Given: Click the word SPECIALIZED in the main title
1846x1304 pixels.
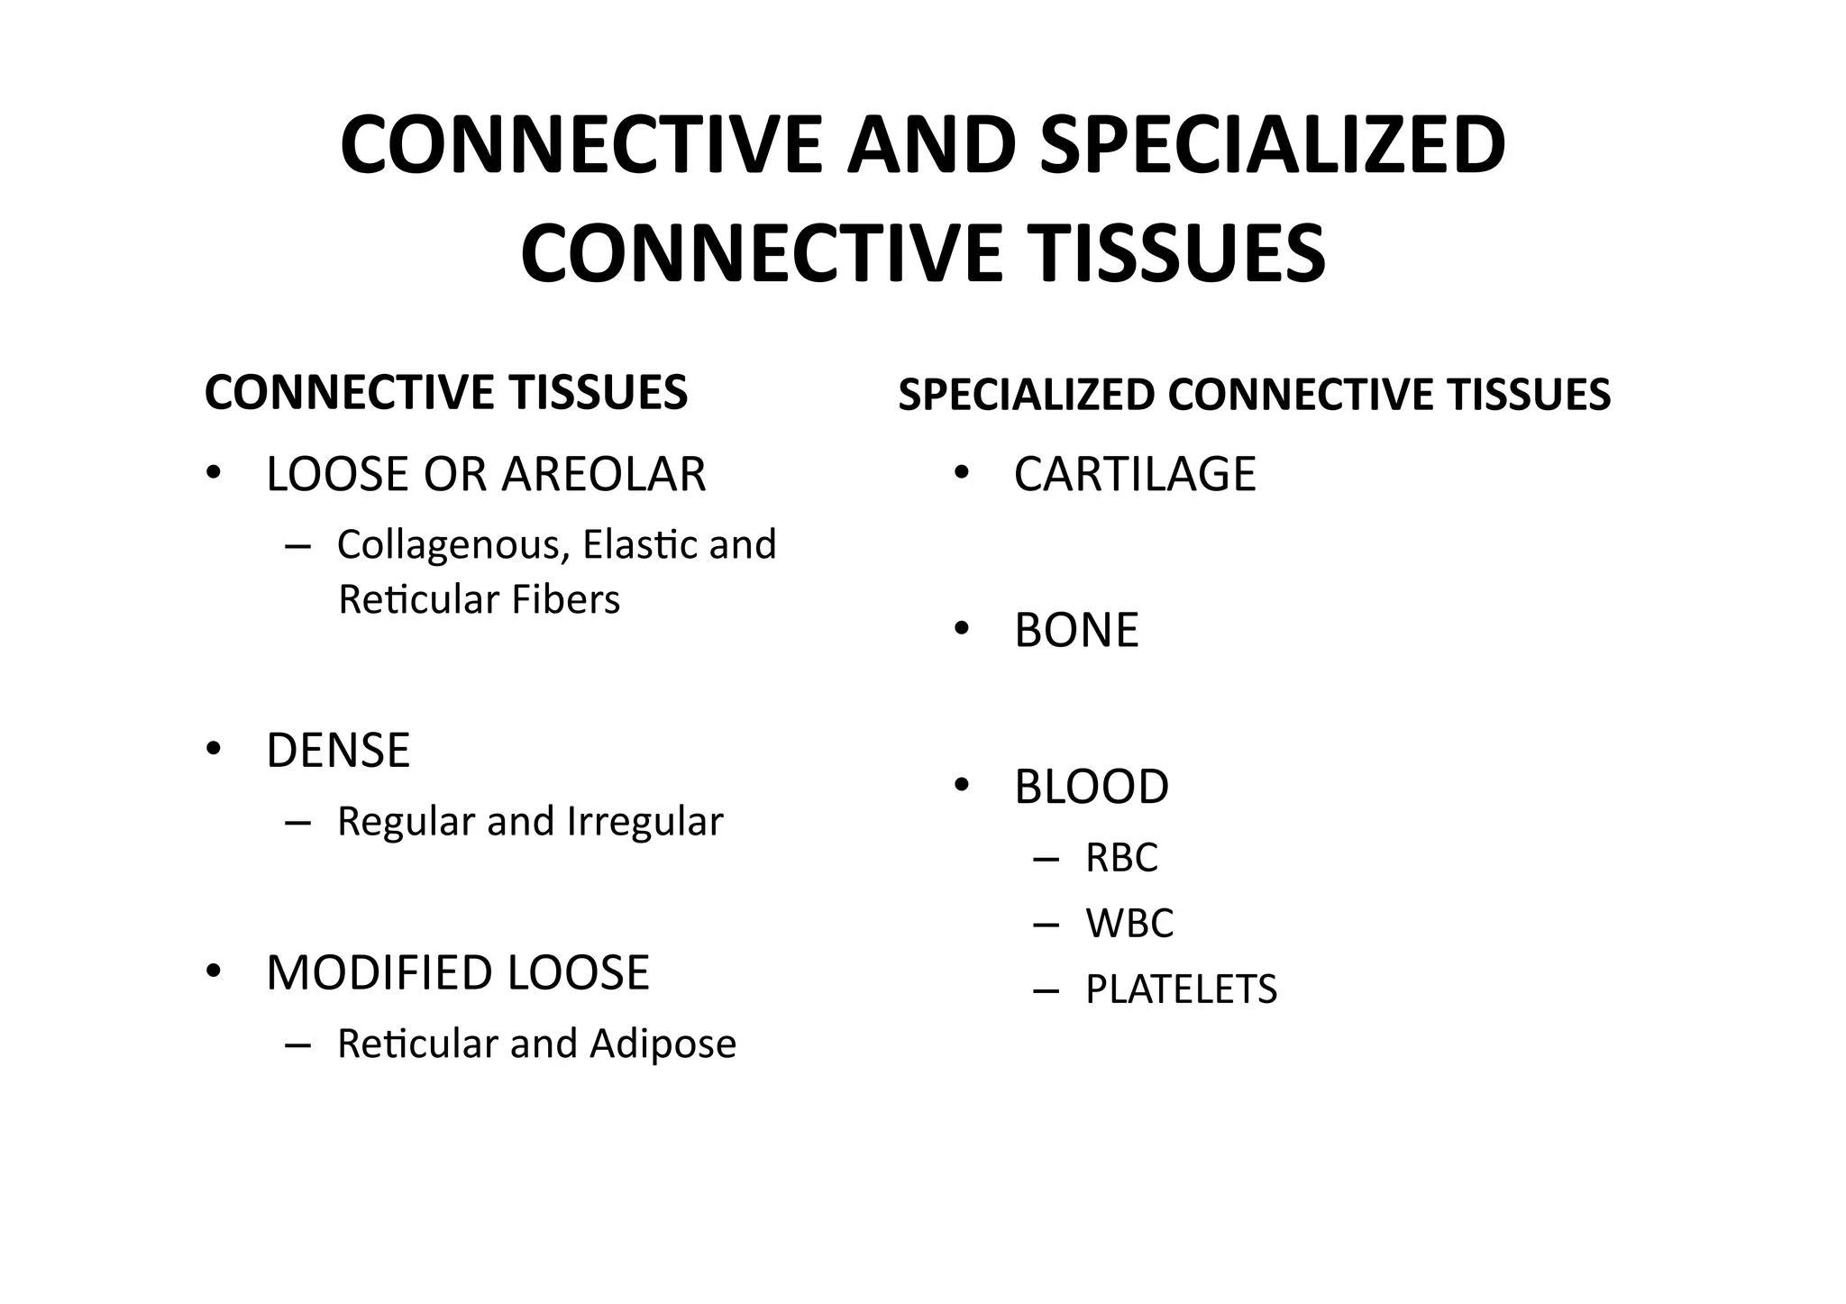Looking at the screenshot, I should (1271, 146).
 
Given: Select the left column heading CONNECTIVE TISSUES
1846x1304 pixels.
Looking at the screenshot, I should (446, 393).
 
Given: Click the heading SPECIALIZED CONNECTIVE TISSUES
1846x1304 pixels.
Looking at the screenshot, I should (1254, 396).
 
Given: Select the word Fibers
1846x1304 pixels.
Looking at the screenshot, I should (565, 600).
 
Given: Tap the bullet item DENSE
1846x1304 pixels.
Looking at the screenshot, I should (338, 751).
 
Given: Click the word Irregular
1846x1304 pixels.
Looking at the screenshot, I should (644, 821).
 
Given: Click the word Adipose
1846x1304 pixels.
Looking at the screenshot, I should (663, 1044).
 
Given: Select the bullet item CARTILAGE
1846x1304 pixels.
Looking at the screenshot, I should (1134, 475).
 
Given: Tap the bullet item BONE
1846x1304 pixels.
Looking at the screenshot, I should (1076, 630).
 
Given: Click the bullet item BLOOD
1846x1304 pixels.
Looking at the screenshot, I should (1091, 787).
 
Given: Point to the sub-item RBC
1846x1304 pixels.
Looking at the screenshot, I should (1121, 857).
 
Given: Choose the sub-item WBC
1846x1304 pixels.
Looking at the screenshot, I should (1129, 924).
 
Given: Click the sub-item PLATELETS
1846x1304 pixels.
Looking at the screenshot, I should (1181, 989).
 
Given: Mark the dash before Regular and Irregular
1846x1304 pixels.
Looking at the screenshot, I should (297, 822).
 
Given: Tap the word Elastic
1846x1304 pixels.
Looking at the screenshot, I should (641, 544).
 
